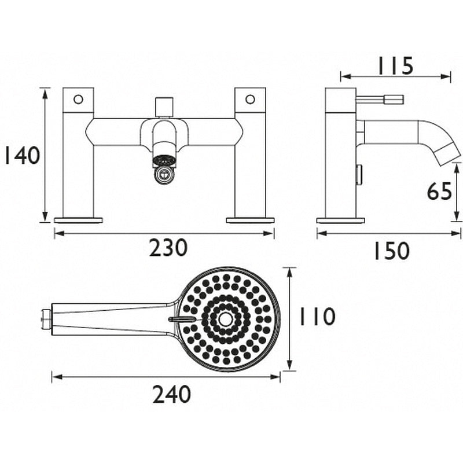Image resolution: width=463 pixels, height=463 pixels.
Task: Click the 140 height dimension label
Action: point(22,156)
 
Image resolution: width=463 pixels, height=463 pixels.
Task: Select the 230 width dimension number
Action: point(168,248)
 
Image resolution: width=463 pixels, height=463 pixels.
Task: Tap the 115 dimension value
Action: point(396,66)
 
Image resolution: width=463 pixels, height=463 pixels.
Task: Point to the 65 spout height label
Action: point(439,192)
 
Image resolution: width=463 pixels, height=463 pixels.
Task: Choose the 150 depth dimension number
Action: point(392,251)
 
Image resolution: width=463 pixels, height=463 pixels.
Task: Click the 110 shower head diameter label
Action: point(317,317)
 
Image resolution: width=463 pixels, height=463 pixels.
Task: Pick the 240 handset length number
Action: point(171,395)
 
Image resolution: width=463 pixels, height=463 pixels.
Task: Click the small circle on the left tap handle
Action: point(78,100)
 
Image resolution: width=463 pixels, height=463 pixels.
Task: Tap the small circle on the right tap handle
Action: point(250,100)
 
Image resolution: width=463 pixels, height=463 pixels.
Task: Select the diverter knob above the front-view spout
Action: point(165,106)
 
